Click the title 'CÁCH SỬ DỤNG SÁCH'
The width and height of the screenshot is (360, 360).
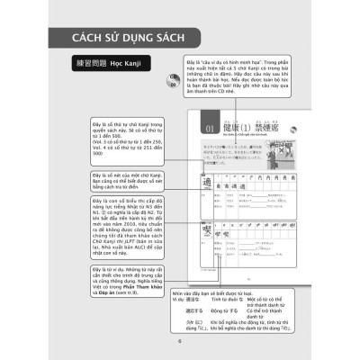coord(121,38)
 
